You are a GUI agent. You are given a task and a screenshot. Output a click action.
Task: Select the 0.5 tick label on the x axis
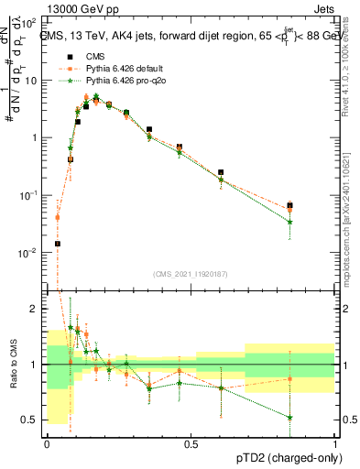[x=191, y=443]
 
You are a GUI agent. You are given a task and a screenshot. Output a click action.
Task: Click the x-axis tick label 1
[x=335, y=443]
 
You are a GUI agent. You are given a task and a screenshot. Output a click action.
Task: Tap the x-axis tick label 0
[x=47, y=443]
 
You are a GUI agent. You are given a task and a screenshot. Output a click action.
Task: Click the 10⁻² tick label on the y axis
[x=32, y=252]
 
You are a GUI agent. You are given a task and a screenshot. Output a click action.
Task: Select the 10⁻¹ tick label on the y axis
[x=32, y=195]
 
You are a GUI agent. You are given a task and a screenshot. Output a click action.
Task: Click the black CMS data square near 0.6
[x=221, y=172]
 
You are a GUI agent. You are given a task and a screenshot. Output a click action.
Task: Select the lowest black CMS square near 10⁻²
[x=57, y=244]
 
